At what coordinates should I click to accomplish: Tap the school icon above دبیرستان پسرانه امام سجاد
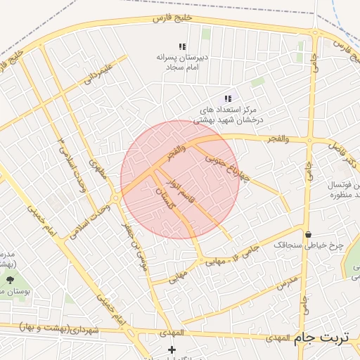182,46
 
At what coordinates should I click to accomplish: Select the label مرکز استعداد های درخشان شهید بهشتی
226,115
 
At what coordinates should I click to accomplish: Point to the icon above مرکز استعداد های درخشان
228,99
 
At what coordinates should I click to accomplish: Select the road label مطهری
98,167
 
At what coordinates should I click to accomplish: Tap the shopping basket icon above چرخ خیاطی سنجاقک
308,233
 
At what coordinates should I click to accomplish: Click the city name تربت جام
323,336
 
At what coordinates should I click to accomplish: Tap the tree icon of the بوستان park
9,280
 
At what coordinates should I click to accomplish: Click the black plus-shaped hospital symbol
172,349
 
